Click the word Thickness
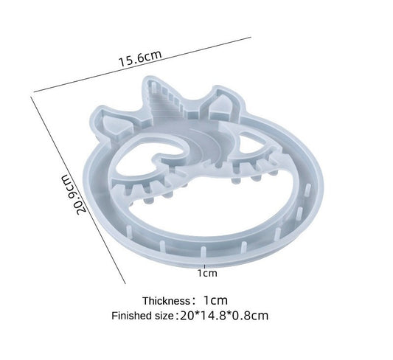(166, 301)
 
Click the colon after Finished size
(175, 316)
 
